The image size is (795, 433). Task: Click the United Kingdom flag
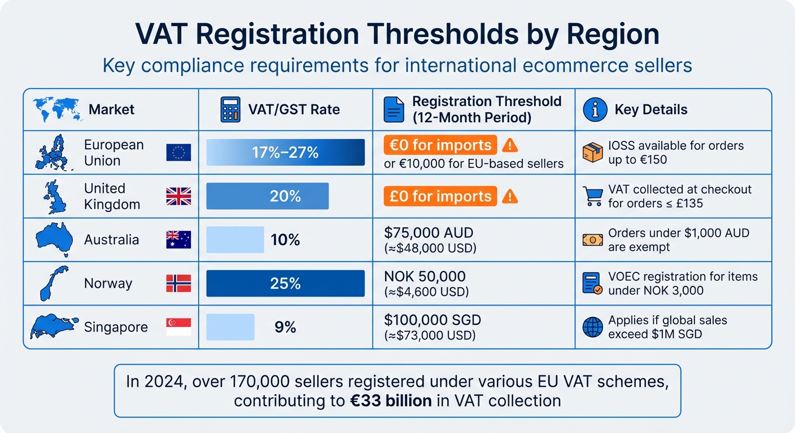[178, 196]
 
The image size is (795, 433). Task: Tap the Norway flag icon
[178, 283]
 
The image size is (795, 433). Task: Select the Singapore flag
[178, 327]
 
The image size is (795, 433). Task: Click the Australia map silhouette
[54, 239]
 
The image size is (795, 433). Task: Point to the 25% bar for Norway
[285, 283]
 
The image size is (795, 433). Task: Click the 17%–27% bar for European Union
[285, 152]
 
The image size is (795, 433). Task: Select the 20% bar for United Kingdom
[268, 196]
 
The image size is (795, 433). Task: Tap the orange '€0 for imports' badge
[440, 145]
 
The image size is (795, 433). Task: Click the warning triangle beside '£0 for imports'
[510, 196]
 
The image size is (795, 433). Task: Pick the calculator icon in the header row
[230, 109]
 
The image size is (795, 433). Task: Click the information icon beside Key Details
[595, 109]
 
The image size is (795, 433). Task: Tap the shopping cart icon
[592, 196]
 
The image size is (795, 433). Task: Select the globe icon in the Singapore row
[592, 327]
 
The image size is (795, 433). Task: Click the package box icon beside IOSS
[592, 152]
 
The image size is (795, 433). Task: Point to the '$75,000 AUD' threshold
[429, 232]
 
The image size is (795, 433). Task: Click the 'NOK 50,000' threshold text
[425, 276]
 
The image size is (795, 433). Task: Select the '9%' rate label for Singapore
[285, 327]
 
